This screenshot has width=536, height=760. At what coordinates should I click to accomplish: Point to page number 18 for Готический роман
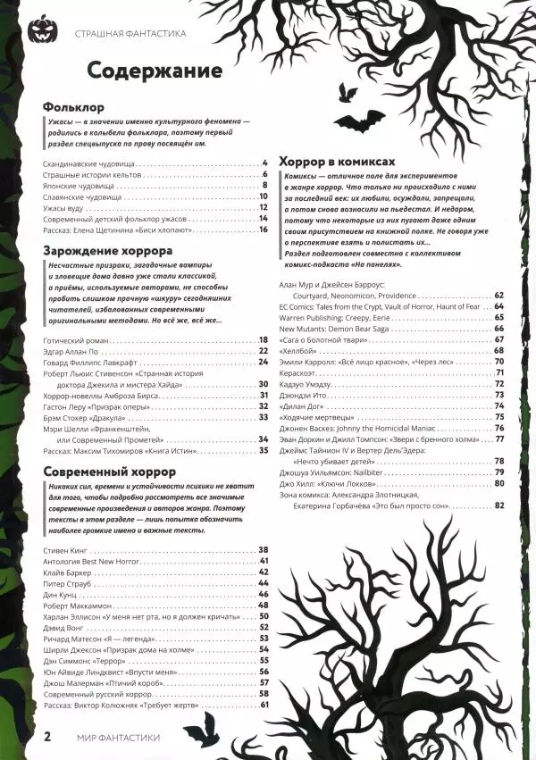tap(264, 339)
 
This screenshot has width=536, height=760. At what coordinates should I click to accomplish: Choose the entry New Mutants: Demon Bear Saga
tap(340, 329)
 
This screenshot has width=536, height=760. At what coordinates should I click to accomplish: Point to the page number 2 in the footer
tap(47, 737)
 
